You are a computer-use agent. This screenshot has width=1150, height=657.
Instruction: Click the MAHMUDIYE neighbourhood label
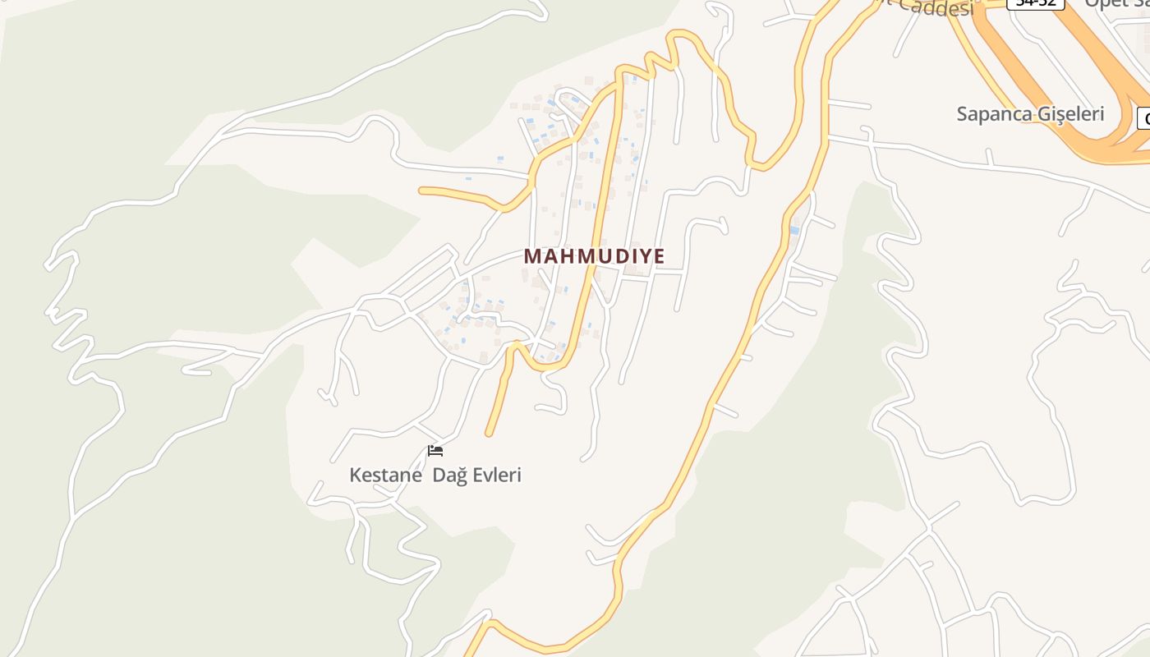tap(594, 256)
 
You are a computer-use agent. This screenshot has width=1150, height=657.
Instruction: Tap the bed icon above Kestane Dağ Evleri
tap(435, 450)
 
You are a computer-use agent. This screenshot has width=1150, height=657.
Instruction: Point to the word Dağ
tap(449, 476)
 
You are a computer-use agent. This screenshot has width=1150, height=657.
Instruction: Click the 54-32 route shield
tap(1037, 3)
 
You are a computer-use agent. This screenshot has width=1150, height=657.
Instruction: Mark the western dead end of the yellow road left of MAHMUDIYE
tap(422, 191)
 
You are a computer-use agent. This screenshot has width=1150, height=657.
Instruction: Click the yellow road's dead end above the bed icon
tap(490, 432)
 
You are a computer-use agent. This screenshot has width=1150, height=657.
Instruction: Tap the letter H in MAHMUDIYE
tap(564, 256)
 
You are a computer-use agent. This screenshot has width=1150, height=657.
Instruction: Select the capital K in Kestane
tap(356, 476)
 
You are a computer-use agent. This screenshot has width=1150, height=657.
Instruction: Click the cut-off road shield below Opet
tap(1143, 118)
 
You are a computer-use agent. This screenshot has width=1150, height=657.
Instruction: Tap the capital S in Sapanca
tap(963, 114)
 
